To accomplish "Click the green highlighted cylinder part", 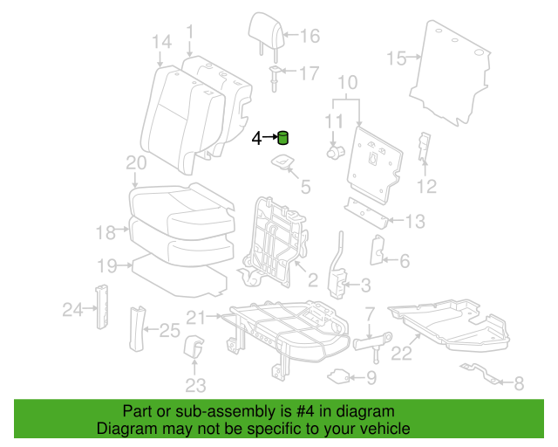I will click(282, 137).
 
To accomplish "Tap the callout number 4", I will click(257, 138).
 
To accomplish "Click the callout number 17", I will click(310, 73).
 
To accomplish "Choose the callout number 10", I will click(347, 84).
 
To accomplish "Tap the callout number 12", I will click(425, 185).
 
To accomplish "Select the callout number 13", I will click(415, 220).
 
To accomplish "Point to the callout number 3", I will click(365, 285).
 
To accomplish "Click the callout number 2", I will click(311, 279).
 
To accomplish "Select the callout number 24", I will click(71, 308).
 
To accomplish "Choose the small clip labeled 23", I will click(194, 347).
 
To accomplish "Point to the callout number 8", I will click(519, 382).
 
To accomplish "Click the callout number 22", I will click(400, 353).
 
